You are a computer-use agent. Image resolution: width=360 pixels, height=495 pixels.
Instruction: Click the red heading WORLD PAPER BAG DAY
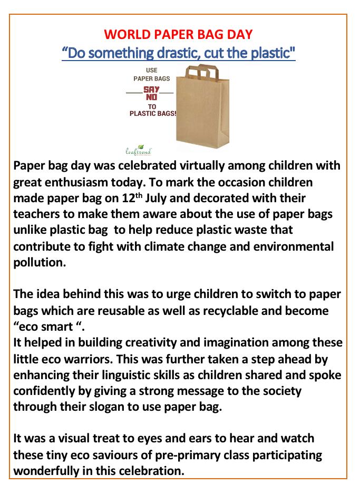coord(178,34)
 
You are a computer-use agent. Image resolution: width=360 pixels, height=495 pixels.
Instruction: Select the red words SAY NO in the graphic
coord(151,94)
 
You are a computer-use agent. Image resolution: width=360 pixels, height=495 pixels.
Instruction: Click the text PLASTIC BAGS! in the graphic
coord(152,113)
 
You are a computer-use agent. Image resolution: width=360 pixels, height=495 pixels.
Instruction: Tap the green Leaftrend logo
coord(138,151)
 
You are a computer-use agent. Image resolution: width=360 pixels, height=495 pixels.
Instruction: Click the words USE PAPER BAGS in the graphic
coord(151,74)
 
